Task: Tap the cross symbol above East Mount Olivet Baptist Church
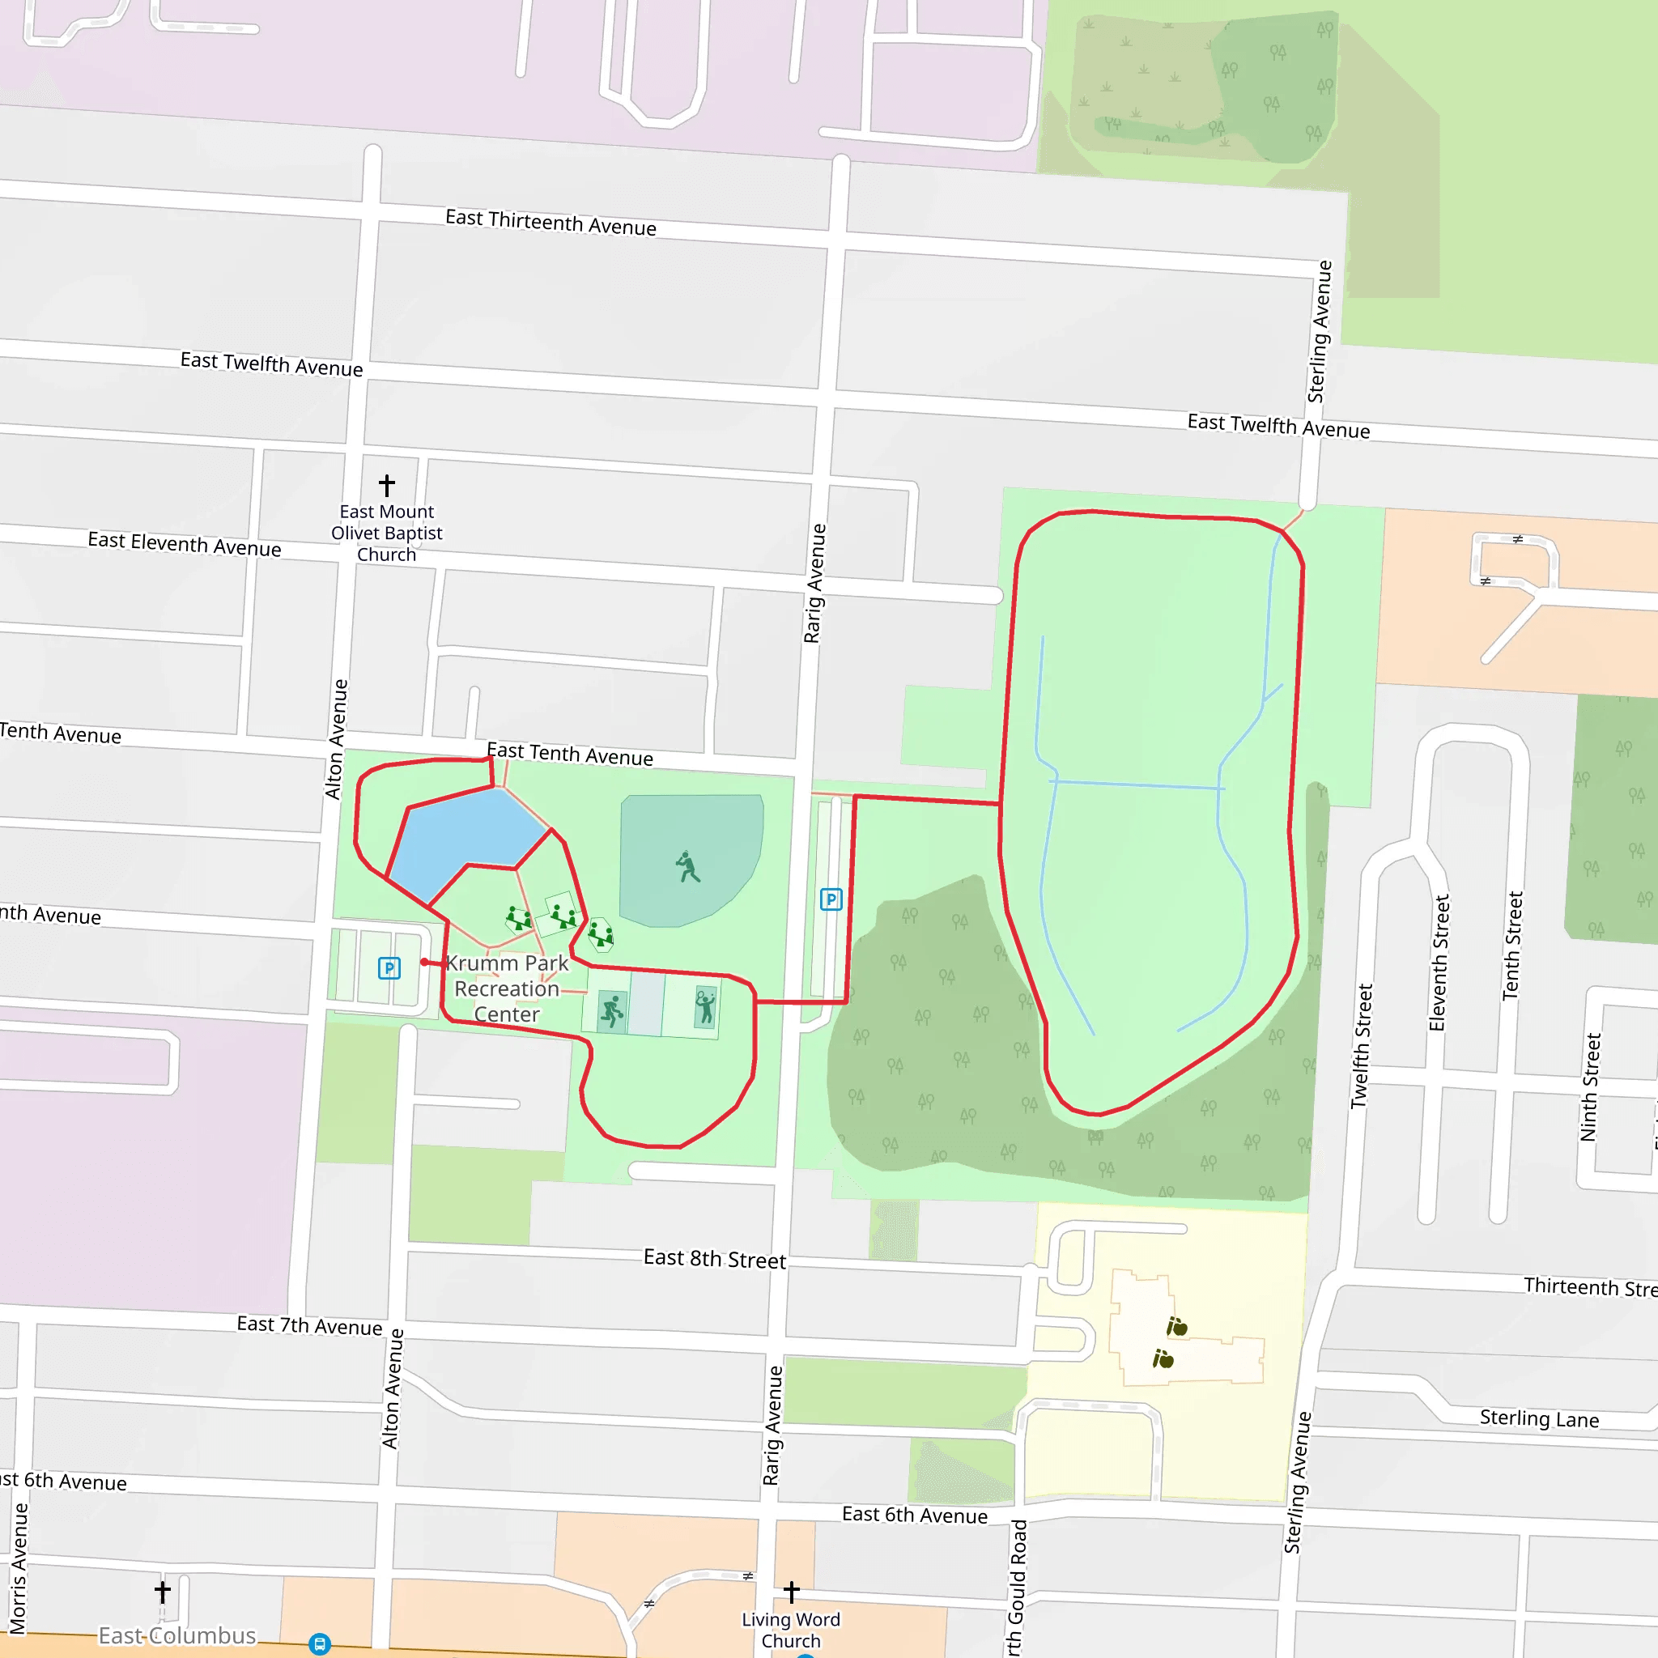coord(387,486)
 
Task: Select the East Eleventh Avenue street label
coord(185,544)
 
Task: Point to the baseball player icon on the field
coord(688,867)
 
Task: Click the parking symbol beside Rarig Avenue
coord(831,899)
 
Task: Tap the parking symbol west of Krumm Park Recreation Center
coord(389,969)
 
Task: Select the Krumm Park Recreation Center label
coord(507,988)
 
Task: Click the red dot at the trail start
coord(425,962)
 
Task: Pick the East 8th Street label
coord(714,1259)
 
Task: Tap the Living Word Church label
coord(790,1630)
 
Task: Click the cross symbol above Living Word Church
coord(791,1592)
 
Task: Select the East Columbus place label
coord(176,1635)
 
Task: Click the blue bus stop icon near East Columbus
coord(319,1644)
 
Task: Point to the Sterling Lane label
coord(1539,1418)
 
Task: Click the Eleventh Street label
coord(1439,963)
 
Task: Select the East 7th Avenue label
coord(309,1325)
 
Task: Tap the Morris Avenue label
coord(18,1568)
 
